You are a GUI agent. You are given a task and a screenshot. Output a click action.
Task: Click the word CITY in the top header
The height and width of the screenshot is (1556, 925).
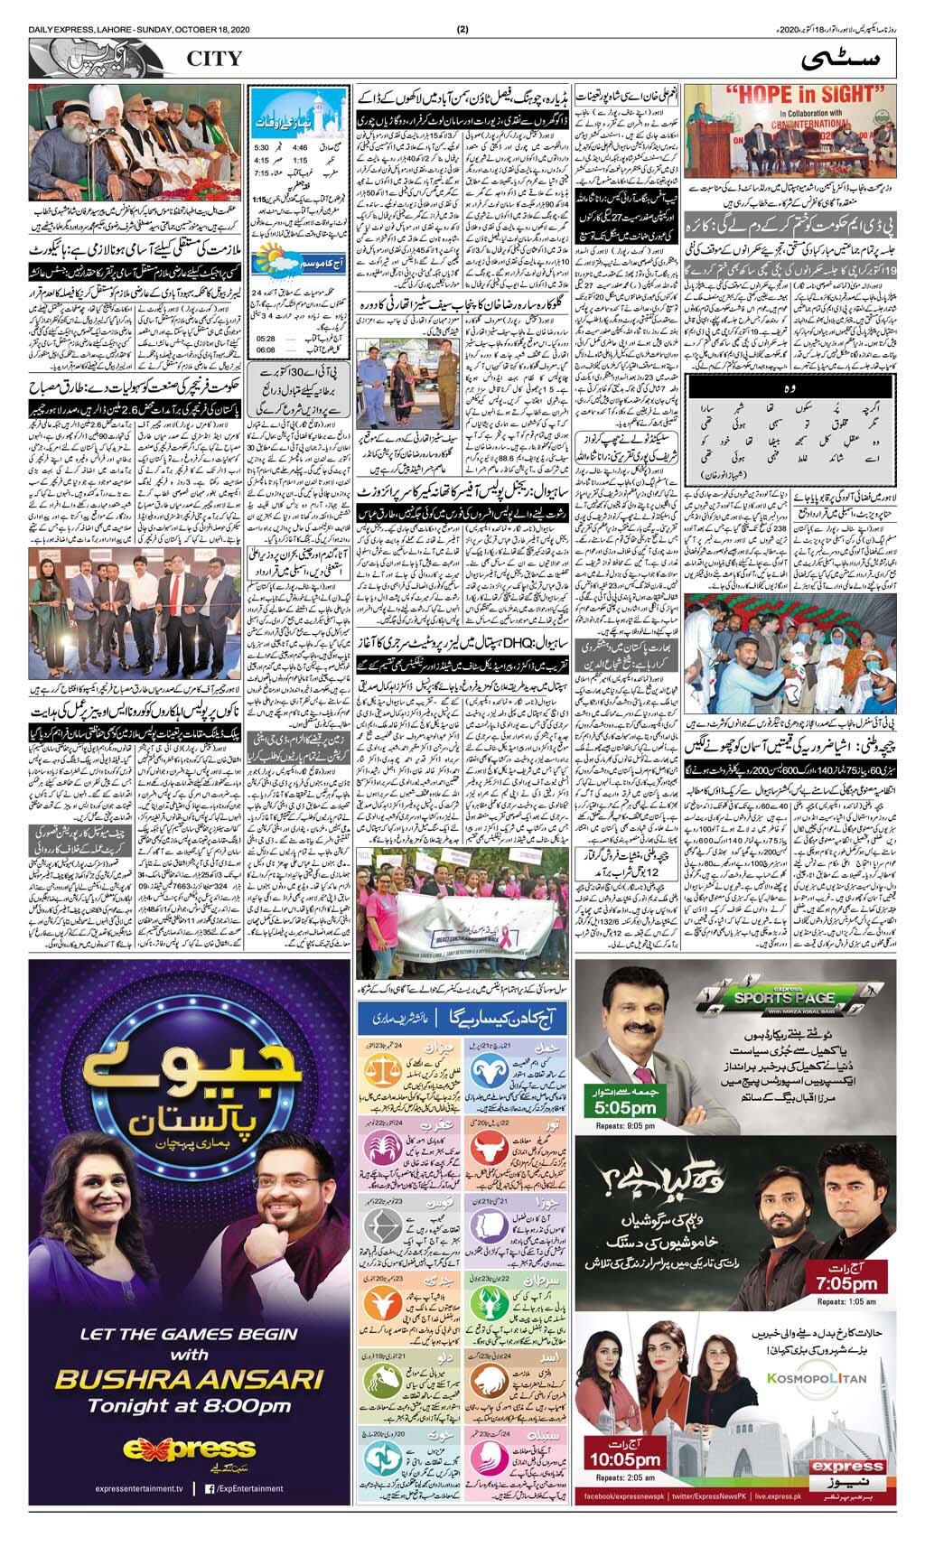coord(215,59)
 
